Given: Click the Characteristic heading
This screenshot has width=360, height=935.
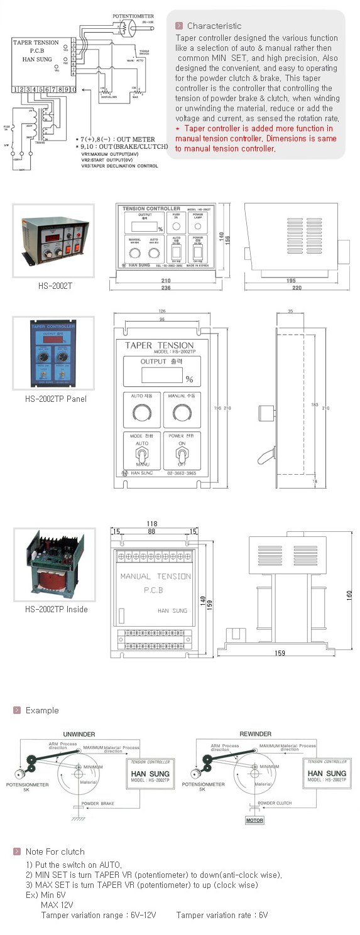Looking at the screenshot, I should tap(214, 26).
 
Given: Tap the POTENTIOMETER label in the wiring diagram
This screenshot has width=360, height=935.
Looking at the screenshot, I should tap(133, 14).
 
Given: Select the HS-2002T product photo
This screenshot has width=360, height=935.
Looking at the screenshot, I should tap(53, 241).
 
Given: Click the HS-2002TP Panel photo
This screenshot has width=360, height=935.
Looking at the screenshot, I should tap(53, 353).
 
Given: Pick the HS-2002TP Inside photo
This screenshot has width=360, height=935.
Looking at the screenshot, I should tap(55, 565).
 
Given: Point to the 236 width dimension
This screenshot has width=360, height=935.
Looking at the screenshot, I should tap(166, 288).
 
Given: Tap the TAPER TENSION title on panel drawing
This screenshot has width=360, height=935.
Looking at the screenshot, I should tap(159, 345).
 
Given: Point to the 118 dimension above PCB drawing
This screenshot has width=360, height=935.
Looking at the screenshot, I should tap(151, 524).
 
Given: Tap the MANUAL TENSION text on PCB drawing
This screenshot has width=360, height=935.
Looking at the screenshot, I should tap(155, 576).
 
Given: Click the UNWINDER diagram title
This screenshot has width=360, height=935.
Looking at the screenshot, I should tap(79, 734).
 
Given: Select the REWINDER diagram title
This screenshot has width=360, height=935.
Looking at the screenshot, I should tap(256, 734).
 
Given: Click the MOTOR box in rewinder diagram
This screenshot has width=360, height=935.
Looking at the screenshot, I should tap(254, 820).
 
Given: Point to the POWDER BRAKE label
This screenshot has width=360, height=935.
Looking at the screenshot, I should tap(98, 803).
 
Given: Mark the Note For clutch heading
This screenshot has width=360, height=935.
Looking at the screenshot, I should tap(55, 851).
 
